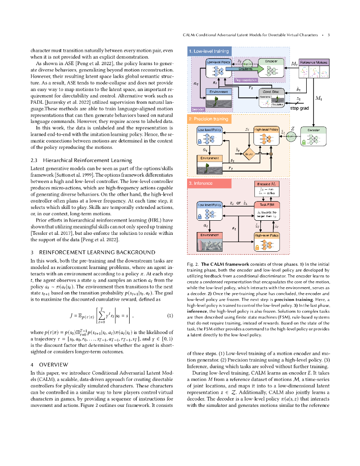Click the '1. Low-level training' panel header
209,52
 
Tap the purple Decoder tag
199,109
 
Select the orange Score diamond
248,154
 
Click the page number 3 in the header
328,35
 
